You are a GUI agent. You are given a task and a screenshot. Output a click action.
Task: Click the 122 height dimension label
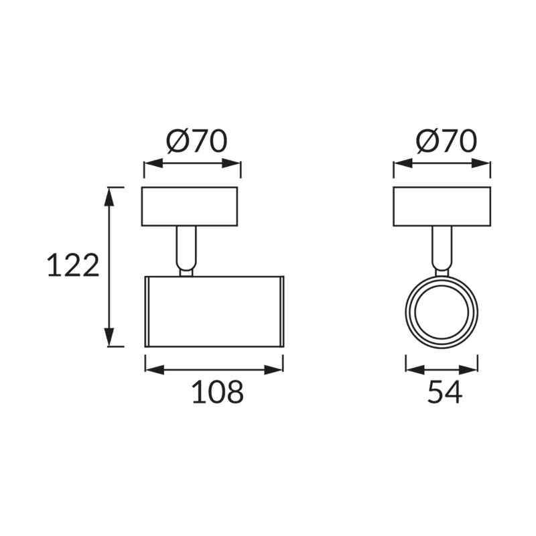[x=73, y=265]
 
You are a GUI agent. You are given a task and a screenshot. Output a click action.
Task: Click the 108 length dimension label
[x=218, y=392]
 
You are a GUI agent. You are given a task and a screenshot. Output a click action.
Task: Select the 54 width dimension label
[x=445, y=392]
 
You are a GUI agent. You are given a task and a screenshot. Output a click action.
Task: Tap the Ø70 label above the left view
[x=197, y=141]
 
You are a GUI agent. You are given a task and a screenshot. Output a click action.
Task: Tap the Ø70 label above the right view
[x=446, y=141]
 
